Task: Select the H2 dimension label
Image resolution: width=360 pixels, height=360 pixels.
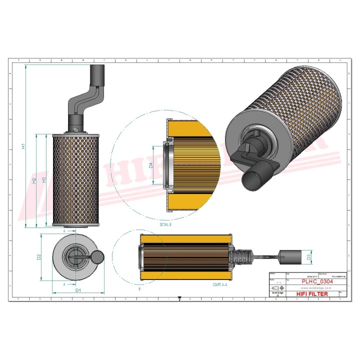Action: pyautogui.click(x=34, y=180)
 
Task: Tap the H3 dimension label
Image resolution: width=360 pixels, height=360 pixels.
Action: pyautogui.click(x=44, y=180)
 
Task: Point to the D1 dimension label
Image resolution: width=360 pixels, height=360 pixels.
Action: pyautogui.click(x=78, y=290)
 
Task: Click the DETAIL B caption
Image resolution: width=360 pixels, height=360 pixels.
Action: pyautogui.click(x=165, y=225)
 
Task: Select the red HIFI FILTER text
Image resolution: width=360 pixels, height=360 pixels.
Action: pyautogui.click(x=312, y=294)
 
